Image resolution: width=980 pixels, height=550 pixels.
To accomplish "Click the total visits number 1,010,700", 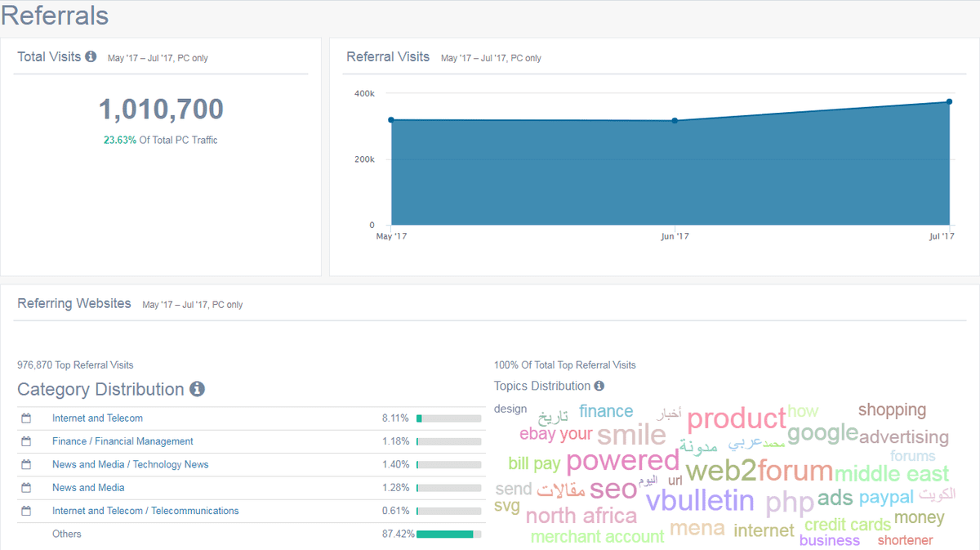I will (161, 110).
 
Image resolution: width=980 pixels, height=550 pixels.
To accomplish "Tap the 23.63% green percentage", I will (119, 140).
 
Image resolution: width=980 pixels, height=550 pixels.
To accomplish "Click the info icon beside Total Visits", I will (91, 56).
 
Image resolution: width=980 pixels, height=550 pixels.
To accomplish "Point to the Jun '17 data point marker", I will (675, 121).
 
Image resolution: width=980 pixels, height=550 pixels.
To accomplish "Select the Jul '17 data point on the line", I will (949, 102).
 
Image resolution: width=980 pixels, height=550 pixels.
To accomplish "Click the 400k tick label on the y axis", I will (364, 94).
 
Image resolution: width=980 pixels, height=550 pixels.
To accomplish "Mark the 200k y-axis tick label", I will (364, 159).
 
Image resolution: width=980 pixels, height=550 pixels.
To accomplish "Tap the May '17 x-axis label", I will (391, 236).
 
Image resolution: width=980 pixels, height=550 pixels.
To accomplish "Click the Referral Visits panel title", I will (388, 57).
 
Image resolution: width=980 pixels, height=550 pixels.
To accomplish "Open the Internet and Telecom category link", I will (97, 418).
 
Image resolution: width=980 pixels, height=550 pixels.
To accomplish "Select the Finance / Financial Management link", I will (122, 441).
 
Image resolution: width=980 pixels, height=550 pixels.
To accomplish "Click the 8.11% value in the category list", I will (395, 418).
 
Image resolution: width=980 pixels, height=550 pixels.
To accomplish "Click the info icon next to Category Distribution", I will (197, 389).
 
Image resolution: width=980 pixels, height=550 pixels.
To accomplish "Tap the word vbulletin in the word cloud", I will (700, 499).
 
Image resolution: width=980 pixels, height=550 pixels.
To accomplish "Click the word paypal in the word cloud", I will (886, 497).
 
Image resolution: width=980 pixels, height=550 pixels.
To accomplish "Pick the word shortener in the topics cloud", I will (905, 540).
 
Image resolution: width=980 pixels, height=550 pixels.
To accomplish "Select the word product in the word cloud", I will (736, 419).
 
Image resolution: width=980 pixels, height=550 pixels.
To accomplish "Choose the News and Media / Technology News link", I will (130, 464).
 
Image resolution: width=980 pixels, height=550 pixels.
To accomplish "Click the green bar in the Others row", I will (445, 534).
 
